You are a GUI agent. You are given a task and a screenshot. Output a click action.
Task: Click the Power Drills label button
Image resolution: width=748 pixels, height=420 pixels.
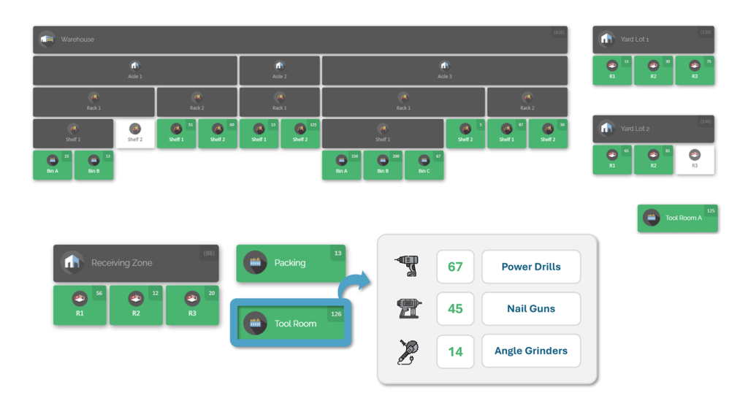pyautogui.click(x=531, y=267)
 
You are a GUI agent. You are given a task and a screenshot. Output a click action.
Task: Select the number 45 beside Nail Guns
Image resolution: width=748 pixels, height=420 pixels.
pyautogui.click(x=455, y=309)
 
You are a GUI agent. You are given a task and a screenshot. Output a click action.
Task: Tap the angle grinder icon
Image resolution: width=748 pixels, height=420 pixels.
pyautogui.click(x=407, y=351)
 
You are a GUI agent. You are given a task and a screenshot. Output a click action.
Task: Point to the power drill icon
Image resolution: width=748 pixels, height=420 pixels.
pyautogui.click(x=406, y=266)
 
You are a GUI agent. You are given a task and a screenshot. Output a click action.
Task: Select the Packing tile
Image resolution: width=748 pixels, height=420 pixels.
pyautogui.click(x=291, y=263)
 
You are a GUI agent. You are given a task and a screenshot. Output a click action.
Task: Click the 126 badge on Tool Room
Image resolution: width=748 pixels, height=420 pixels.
pyautogui.click(x=336, y=314)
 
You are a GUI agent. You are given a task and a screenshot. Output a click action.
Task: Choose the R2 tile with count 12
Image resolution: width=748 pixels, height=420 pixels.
pyautogui.click(x=136, y=305)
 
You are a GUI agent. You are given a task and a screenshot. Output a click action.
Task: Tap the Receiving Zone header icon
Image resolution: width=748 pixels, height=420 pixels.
pyautogui.click(x=72, y=263)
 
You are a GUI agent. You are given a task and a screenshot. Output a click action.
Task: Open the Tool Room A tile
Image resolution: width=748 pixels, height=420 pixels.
pyautogui.click(x=677, y=218)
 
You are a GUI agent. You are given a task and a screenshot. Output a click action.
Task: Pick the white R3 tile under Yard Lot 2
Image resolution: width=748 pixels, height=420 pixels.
pyautogui.click(x=695, y=159)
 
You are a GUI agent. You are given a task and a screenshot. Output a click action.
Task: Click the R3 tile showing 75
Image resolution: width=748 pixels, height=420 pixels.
pyautogui.click(x=695, y=70)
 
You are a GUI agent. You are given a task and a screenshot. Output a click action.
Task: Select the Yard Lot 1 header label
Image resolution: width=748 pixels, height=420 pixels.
pyautogui.click(x=635, y=39)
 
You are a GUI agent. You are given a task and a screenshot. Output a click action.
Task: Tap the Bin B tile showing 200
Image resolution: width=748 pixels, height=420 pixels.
pyautogui.click(x=383, y=165)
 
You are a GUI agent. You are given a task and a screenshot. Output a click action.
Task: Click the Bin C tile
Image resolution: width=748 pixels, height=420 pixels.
pyautogui.click(x=424, y=165)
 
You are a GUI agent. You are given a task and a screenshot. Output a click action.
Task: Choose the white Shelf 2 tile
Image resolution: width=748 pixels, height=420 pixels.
pyautogui.click(x=134, y=134)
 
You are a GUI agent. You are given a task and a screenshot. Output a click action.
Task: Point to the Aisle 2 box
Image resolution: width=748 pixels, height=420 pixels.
pyautogui.click(x=279, y=70)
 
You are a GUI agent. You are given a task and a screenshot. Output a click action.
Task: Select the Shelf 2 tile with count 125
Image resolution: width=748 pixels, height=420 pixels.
pyautogui.click(x=300, y=134)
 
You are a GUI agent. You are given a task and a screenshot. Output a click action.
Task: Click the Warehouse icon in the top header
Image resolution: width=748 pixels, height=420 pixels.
pyautogui.click(x=47, y=39)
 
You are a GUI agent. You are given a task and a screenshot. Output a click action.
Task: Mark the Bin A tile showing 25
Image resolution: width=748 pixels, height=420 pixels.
pyautogui.click(x=53, y=165)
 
